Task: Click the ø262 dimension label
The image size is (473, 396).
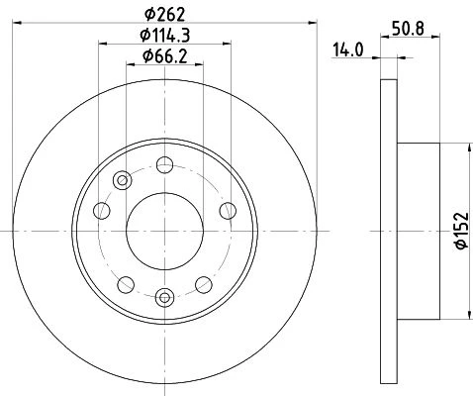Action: (165, 14)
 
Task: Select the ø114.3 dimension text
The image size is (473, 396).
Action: (165, 36)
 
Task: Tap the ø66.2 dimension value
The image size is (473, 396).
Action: (165, 56)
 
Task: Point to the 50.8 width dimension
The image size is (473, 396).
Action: (408, 29)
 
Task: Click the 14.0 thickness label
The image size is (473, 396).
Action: (348, 50)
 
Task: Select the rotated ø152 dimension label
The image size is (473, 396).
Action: (462, 231)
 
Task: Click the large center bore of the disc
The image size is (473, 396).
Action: (164, 231)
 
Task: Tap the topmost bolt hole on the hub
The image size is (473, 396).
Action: (164, 164)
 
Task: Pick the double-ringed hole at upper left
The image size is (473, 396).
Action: (123, 180)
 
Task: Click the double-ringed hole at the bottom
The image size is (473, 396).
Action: (164, 298)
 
